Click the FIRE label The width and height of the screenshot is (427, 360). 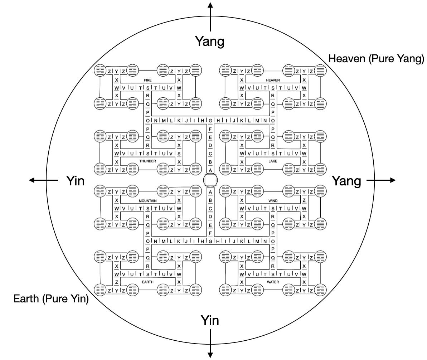coord(147,80)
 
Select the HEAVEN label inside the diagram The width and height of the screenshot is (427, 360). coord(273,80)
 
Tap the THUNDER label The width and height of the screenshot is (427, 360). coord(147,161)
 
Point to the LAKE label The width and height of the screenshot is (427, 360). coord(273,161)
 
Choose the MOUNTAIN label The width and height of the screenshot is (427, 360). coord(147,201)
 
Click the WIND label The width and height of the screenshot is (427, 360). coord(273,201)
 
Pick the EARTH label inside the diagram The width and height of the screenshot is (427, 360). coord(147,282)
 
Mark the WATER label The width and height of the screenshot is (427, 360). coord(273,282)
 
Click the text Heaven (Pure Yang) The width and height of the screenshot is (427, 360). coord(376,58)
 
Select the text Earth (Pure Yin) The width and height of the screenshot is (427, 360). coord(51,299)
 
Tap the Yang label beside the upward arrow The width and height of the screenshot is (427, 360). coord(210,42)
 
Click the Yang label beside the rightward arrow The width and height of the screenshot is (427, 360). coord(346,181)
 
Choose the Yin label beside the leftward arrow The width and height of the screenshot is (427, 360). coord(76,181)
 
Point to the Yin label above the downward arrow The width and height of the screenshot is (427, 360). coord(210,320)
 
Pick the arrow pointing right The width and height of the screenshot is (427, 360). coord(381,180)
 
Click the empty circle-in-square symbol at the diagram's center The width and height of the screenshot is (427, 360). coord(210,180)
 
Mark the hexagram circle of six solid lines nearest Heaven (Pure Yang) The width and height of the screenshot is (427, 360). coord(321,70)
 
